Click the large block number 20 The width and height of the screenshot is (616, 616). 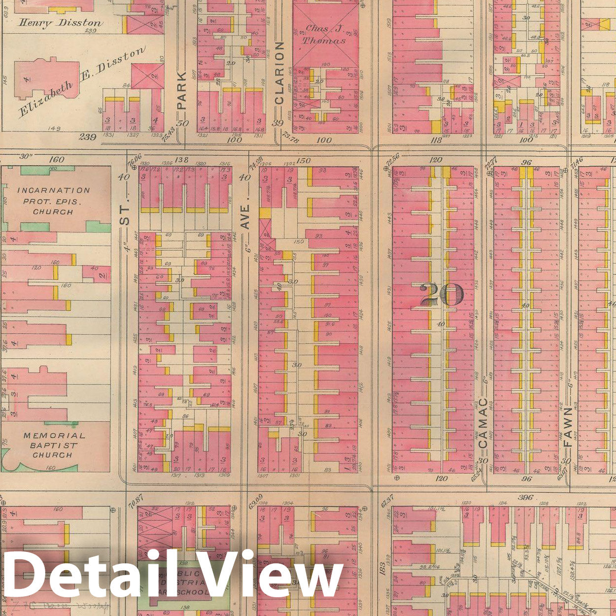pos(442,294)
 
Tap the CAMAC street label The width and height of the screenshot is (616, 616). pos(483,423)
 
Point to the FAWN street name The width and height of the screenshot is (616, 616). pos(568,427)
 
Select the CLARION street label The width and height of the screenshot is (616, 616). pos(279,72)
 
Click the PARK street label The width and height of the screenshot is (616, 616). pos(182,90)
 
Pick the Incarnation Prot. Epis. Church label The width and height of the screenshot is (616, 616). pos(53,201)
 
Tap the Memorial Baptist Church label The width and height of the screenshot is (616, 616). pos(54,445)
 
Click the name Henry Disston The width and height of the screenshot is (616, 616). pos(61,23)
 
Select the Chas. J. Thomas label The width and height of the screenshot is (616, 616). pos(324,34)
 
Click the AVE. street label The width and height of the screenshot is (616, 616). pos(245,217)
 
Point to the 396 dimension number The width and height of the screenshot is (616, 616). pos(525,497)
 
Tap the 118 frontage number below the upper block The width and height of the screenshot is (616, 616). pos(436,140)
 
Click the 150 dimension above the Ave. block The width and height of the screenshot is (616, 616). pos(304,160)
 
